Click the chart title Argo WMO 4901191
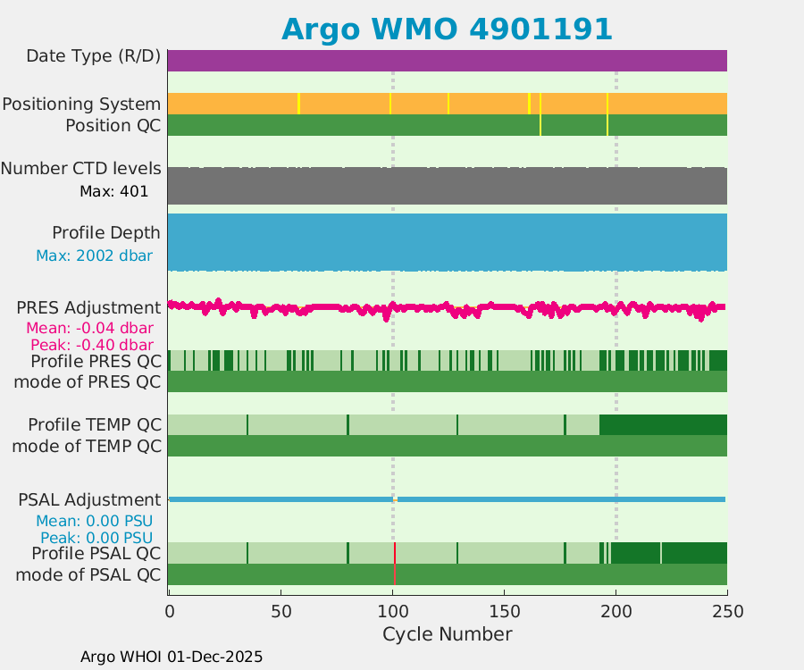[x=447, y=29]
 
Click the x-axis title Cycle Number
[x=447, y=634]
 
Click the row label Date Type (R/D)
[x=93, y=56]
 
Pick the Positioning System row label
[x=81, y=104]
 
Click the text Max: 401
[x=113, y=190]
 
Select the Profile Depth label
[x=106, y=232]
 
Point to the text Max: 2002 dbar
[x=94, y=255]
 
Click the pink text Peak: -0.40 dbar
[x=91, y=344]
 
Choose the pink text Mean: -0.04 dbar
[x=89, y=327]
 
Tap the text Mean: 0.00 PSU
[x=94, y=520]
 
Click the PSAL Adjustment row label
[x=89, y=499]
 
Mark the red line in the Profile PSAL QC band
[x=394, y=553]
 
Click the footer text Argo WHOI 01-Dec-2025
[x=172, y=657]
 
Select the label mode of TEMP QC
[x=87, y=445]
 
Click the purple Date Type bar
[x=447, y=61]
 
